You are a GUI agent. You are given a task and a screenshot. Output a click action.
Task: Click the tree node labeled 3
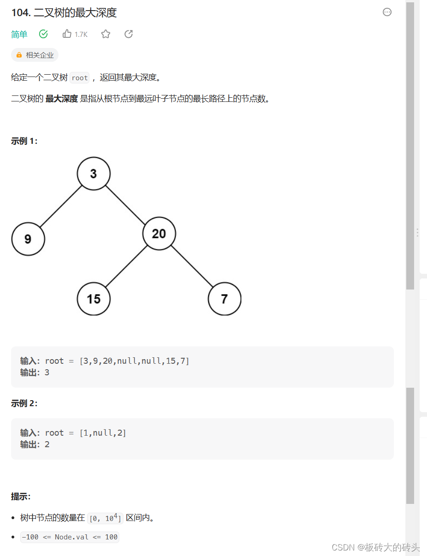point(94,174)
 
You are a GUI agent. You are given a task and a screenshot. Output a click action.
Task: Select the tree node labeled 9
point(28,239)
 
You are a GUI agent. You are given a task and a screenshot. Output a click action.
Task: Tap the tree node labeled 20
point(159,233)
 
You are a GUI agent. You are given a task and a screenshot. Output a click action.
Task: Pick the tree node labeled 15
point(94,299)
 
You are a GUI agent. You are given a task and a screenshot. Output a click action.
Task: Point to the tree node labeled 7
point(224,299)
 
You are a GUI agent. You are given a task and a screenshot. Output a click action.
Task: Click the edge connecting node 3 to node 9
point(61,206)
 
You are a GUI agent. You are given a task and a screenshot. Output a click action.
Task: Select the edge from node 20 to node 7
point(192,266)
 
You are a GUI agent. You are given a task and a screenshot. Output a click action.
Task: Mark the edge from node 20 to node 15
point(126,266)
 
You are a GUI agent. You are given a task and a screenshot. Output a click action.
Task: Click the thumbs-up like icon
point(67,34)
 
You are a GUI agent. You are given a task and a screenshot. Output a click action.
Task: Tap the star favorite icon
point(106,34)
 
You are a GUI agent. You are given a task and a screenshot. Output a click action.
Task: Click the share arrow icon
point(129,34)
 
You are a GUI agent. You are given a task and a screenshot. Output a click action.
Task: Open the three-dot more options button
point(387,12)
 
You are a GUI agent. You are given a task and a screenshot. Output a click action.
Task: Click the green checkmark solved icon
point(44,34)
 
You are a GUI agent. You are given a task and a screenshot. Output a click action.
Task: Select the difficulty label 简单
point(19,35)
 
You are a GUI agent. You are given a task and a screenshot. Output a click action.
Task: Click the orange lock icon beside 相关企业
point(19,55)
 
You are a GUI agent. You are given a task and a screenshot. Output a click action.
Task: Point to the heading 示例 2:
point(24,403)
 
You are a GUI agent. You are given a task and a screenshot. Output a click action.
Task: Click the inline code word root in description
point(80,78)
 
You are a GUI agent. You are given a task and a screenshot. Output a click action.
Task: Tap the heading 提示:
point(21,497)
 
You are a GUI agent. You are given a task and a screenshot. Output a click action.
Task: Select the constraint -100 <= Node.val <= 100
point(70,537)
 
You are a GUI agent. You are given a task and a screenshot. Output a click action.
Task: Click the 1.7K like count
point(81,35)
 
